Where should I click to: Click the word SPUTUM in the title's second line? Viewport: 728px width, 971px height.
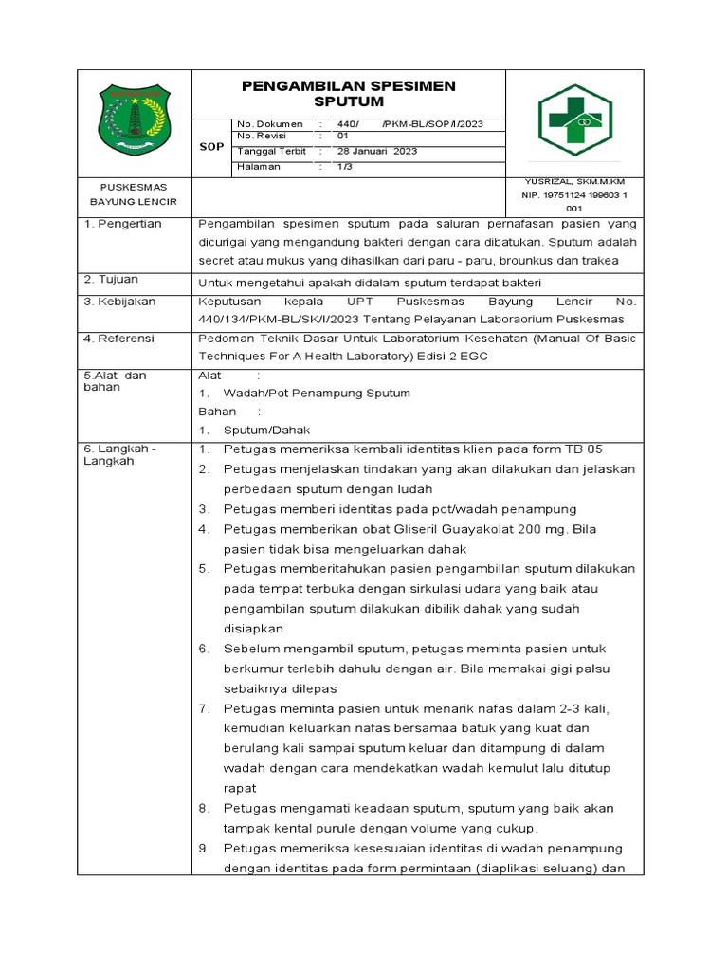point(348,101)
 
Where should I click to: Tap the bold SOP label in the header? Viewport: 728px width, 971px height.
point(211,147)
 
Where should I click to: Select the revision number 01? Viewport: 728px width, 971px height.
point(343,137)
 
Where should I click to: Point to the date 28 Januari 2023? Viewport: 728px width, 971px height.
point(379,151)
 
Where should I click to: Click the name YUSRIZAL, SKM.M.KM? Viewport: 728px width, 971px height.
point(573,181)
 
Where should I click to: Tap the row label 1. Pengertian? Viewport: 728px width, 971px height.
point(122,224)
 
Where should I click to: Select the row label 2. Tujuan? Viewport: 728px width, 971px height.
point(111,280)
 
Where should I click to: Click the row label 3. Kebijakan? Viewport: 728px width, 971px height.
point(119,301)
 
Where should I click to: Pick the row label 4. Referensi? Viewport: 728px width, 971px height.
point(119,339)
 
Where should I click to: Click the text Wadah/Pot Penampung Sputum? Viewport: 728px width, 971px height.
point(317,394)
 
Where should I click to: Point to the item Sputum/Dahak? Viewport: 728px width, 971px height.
point(261,430)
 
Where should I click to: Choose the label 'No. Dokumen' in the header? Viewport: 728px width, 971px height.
point(270,124)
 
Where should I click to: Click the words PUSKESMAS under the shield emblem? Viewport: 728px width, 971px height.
point(134,187)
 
